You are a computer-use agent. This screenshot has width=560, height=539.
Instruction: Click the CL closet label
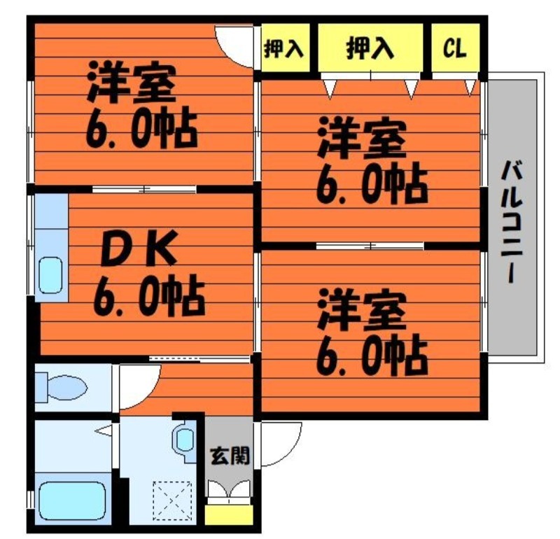pos(454,48)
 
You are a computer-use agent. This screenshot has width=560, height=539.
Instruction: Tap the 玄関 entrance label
pos(230,456)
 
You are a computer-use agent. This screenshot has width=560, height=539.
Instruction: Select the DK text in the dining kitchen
pos(139,248)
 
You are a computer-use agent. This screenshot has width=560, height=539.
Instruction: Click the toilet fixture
pos(62,387)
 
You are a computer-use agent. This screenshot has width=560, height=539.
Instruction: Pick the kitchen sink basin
pos(50,275)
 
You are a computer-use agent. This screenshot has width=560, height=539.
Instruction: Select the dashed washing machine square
pos(173,500)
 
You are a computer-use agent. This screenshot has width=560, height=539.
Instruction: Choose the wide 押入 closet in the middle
pos(370,48)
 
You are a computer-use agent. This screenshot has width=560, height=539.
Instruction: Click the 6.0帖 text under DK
pos(149,294)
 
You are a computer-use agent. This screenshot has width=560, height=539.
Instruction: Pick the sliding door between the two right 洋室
pos(370,246)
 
